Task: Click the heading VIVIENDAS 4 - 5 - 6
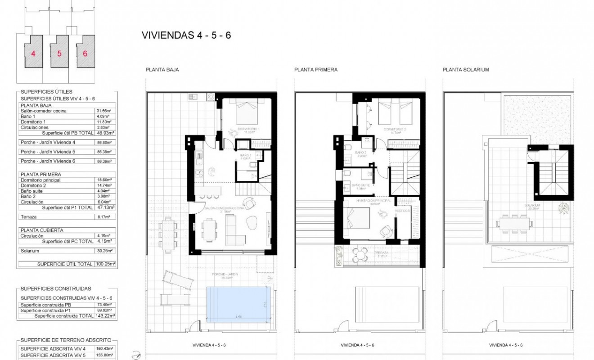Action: click(x=186, y=35)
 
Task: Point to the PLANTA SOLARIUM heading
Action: click(x=466, y=70)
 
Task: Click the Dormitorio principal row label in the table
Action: click(x=40, y=180)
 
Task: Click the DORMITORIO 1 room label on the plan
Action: click(x=248, y=130)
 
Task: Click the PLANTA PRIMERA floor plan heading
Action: click(x=315, y=70)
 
